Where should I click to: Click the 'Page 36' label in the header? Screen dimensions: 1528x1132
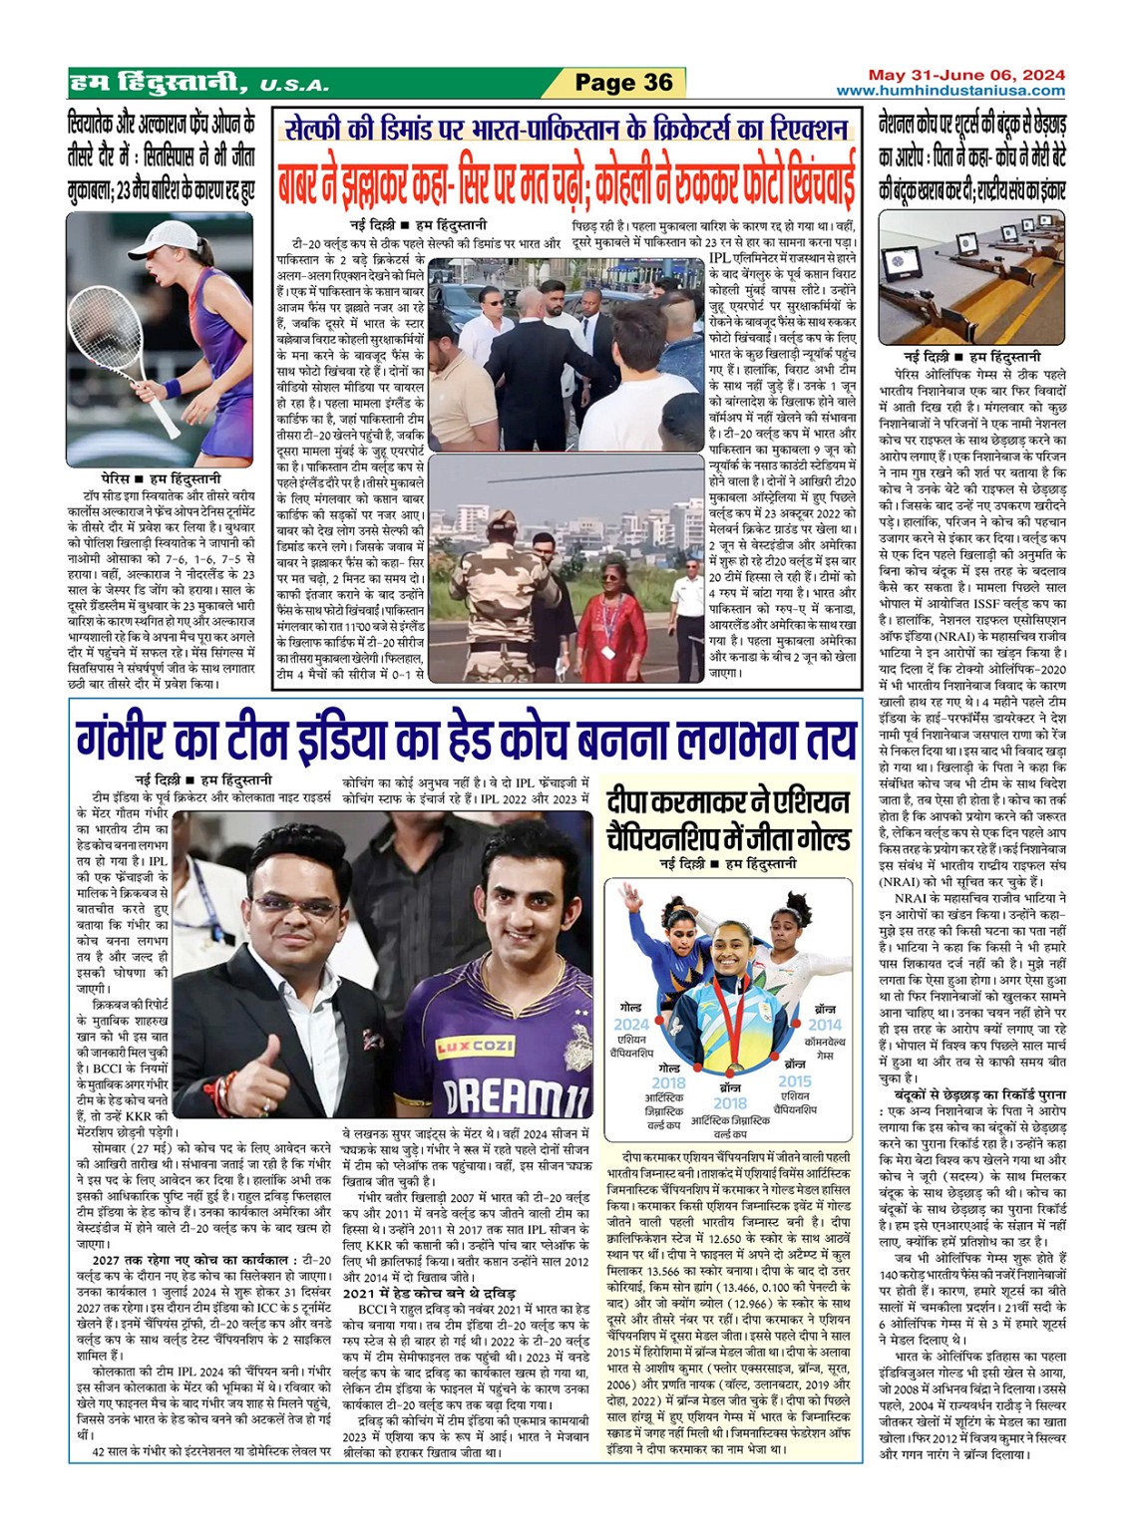[623, 83]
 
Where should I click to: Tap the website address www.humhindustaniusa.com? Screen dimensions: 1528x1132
[949, 91]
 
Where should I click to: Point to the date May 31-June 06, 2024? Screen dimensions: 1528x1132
[965, 75]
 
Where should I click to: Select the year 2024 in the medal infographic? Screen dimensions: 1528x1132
[630, 1024]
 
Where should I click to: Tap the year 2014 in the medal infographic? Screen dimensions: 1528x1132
[825, 1023]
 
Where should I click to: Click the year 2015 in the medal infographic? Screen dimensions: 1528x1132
[795, 1080]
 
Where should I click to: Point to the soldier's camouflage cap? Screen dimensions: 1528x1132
[505, 520]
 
